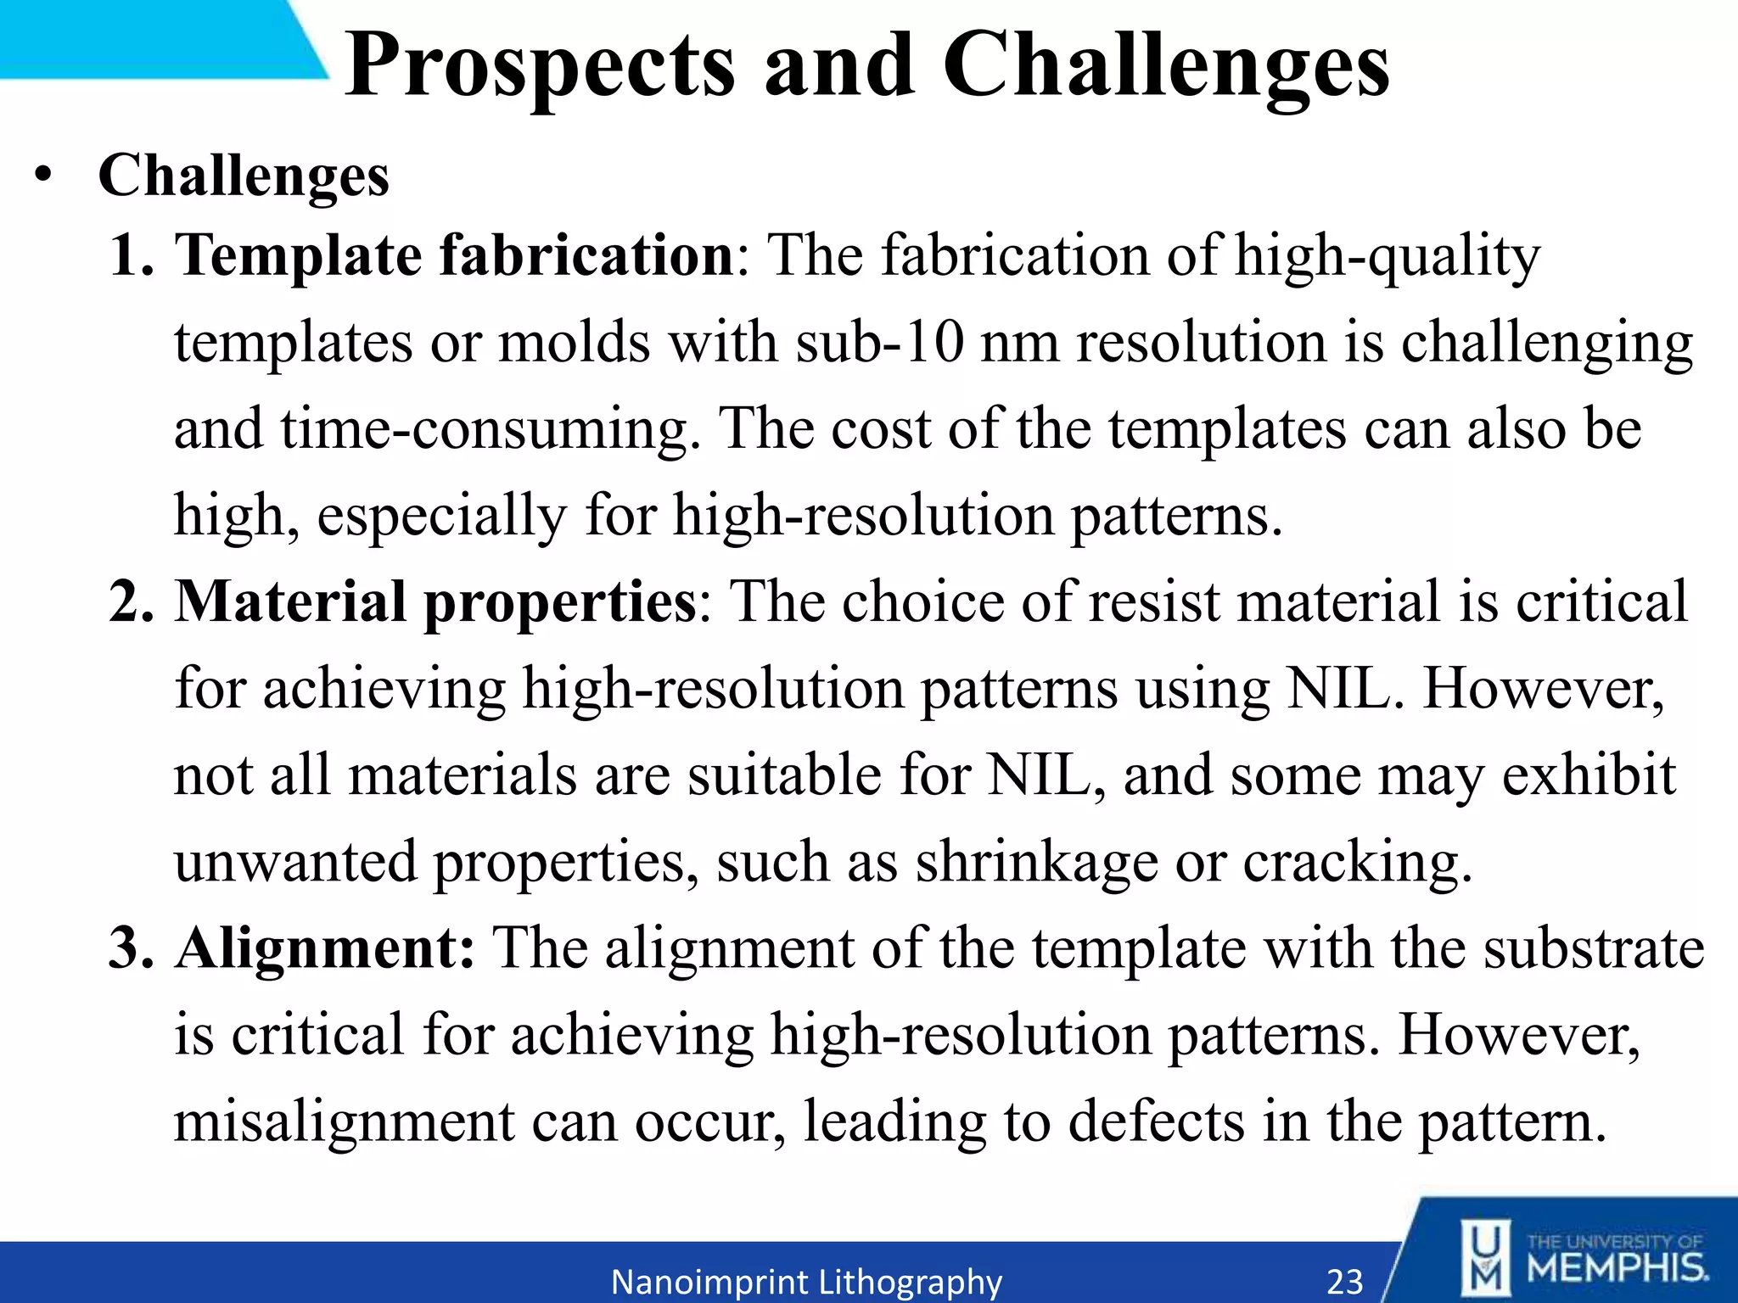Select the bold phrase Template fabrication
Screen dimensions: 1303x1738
coord(455,255)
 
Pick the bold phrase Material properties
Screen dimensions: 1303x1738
coord(435,602)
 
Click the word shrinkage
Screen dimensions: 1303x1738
coord(1036,862)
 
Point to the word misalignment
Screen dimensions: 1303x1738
coord(344,1121)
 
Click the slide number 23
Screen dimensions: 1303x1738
coord(1344,1281)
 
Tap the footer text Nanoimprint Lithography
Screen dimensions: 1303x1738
coord(806,1281)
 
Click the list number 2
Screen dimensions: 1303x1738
coord(131,602)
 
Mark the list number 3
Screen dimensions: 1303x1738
coord(131,948)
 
